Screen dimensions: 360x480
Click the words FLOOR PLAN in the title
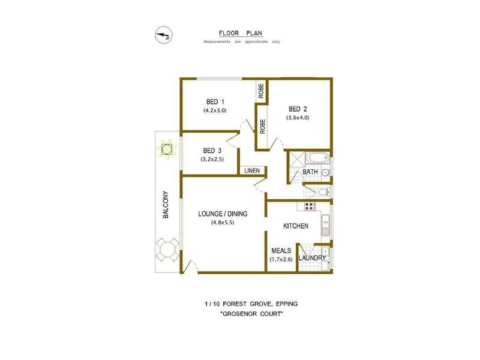pos(241,34)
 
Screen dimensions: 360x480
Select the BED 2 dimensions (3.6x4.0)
pos(298,118)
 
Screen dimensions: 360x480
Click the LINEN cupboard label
pos(252,171)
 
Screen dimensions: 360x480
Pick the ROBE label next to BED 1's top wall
pos(261,90)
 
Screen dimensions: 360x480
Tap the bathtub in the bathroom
pos(316,160)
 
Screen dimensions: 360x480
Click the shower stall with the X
pos(296,161)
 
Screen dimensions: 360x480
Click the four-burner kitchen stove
pos(310,206)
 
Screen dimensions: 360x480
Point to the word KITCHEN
pos(296,226)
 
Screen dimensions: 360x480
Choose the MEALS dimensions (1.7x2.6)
pos(281,260)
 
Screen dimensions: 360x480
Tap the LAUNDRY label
pos(313,259)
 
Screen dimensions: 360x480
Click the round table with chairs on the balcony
pos(166,249)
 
